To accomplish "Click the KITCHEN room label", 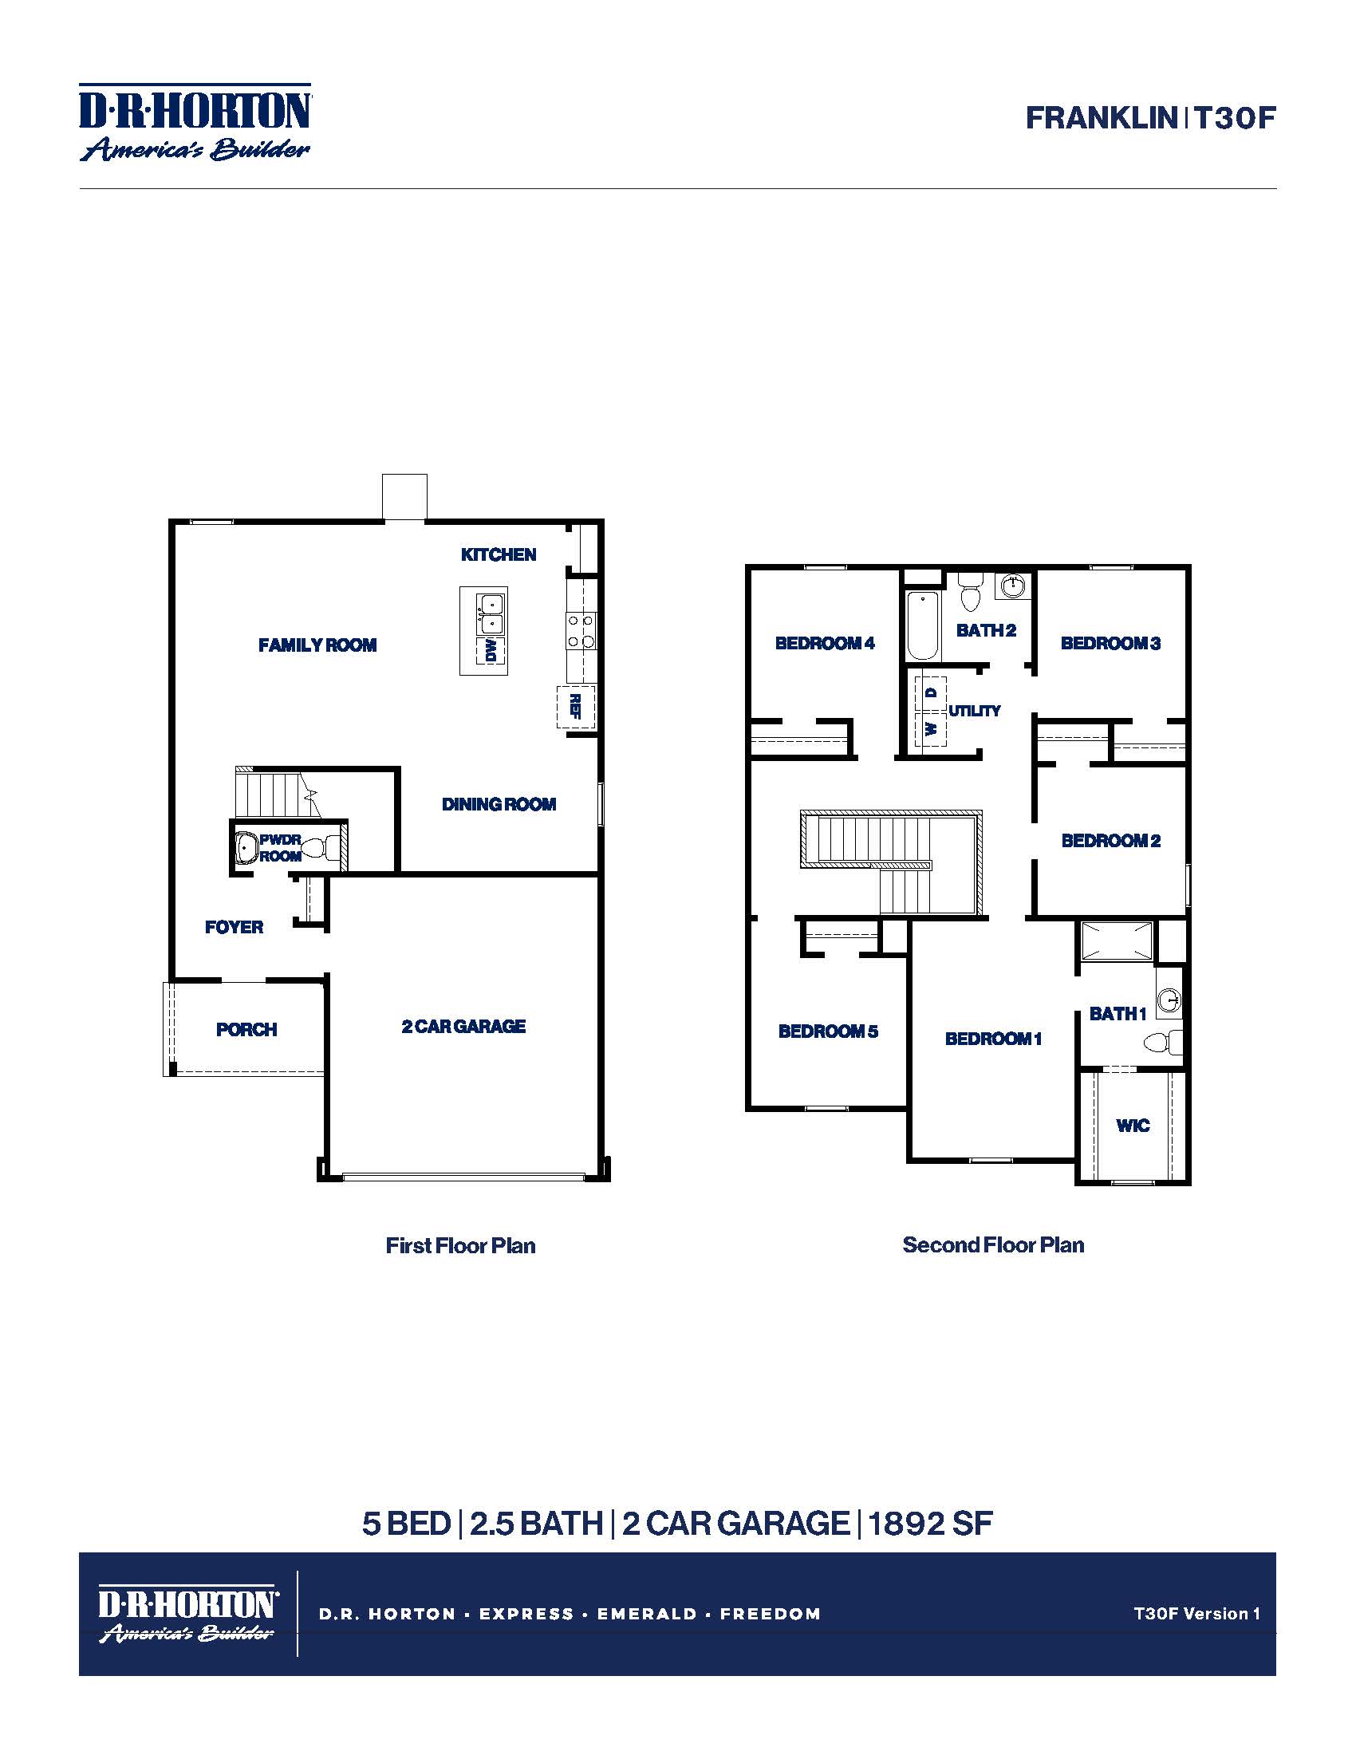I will [x=498, y=554].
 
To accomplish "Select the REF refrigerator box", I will [x=576, y=706].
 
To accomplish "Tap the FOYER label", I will [x=234, y=926].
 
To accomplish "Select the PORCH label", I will [x=246, y=1029].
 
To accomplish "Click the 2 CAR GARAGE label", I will [x=463, y=1026].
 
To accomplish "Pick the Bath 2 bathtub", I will [x=923, y=625].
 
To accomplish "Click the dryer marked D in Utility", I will [x=931, y=692].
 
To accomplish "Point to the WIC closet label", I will [x=1133, y=1125].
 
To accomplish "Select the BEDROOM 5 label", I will [x=827, y=1031].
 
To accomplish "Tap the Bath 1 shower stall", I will [x=1116, y=941].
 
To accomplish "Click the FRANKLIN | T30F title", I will [x=1149, y=118].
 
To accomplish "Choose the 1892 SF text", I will [x=929, y=1524].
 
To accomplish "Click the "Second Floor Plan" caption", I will [x=993, y=1244].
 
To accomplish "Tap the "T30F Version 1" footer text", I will [x=1196, y=1613].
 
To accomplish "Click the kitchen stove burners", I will [x=580, y=630].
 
